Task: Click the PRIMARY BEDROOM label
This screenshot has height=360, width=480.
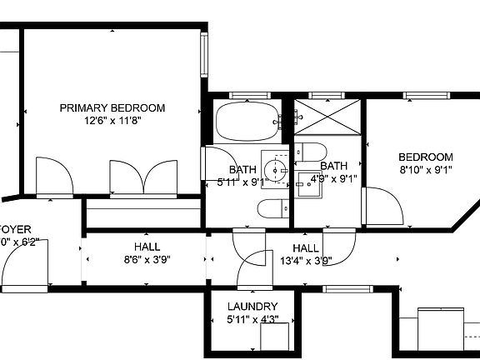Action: pyautogui.click(x=112, y=107)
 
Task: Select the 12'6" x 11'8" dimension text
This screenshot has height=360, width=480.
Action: pyautogui.click(x=112, y=121)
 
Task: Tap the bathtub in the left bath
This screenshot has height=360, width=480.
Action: pyautogui.click(x=247, y=123)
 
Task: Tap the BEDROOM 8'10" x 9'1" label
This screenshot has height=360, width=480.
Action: pyautogui.click(x=425, y=157)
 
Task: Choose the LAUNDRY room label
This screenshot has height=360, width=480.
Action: pyautogui.click(x=252, y=307)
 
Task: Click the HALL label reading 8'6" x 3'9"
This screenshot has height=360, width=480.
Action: pyautogui.click(x=147, y=247)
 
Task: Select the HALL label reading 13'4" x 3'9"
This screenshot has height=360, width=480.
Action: pyautogui.click(x=306, y=249)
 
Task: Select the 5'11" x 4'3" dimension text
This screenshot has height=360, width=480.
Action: pyautogui.click(x=252, y=319)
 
